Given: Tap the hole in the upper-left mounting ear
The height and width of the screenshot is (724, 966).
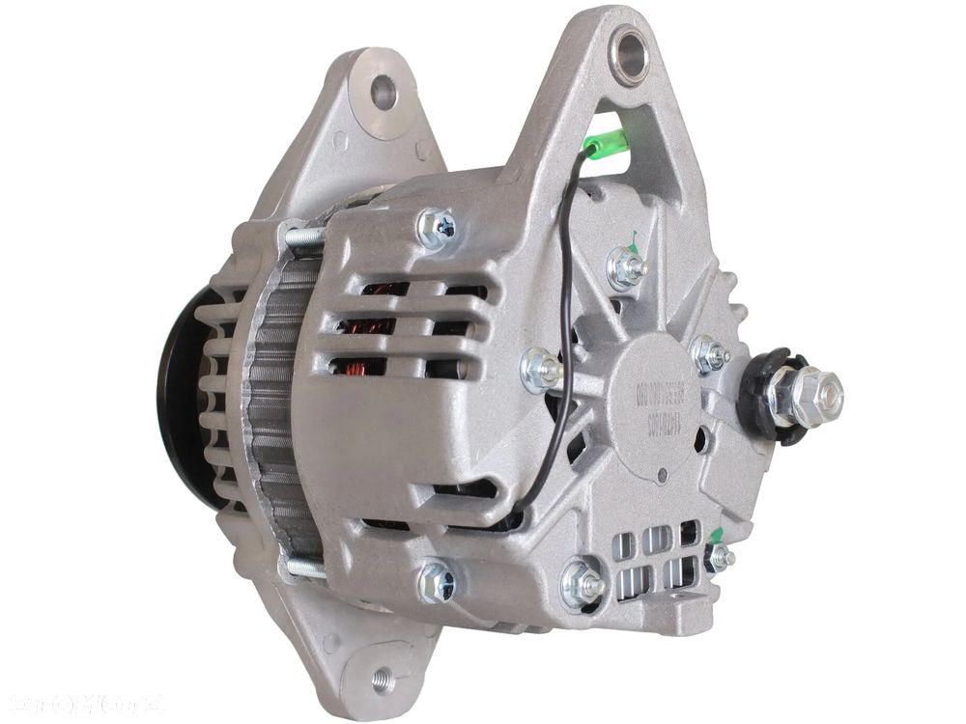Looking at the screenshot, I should (384, 93).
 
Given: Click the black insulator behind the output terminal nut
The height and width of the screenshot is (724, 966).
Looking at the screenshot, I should (762, 396).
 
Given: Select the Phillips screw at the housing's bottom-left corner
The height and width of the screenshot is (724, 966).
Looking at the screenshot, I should (437, 581).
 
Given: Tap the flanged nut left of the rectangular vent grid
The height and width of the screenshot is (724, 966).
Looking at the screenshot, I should (582, 583).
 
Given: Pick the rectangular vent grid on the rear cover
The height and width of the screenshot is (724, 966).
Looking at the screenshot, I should (657, 561).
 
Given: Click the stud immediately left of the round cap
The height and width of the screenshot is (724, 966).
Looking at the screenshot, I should (541, 369).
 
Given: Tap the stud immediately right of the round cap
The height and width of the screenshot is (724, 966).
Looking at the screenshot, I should (710, 355).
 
